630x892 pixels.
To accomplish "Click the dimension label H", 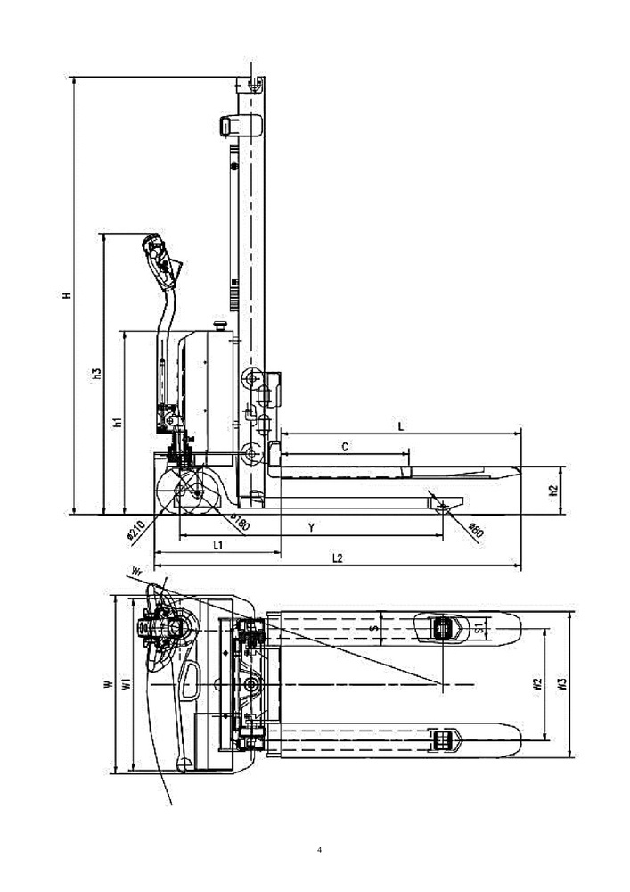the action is point(67,295).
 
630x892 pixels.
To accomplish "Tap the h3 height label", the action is point(97,374).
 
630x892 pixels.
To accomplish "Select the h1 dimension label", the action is point(118,422).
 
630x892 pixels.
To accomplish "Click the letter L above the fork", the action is point(400,426).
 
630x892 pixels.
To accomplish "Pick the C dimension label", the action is point(345,447).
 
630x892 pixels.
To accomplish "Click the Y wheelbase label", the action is point(311,528).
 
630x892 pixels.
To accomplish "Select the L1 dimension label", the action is point(217,544).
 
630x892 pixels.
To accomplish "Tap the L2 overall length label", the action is point(338,558).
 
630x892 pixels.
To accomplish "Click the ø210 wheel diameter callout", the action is point(134,530).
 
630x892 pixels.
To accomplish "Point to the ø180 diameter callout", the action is point(240,523).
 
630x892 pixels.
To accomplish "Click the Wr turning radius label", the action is point(136,571).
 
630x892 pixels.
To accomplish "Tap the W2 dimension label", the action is point(537,684).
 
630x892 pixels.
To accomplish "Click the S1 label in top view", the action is point(479,629).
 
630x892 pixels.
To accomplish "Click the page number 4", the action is point(319,850).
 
